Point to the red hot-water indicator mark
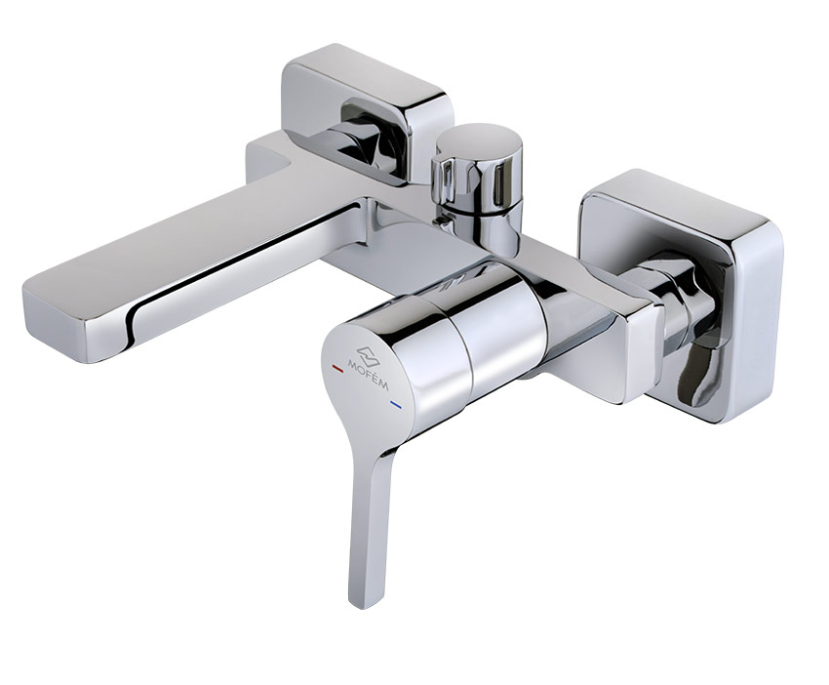tap(336, 366)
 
